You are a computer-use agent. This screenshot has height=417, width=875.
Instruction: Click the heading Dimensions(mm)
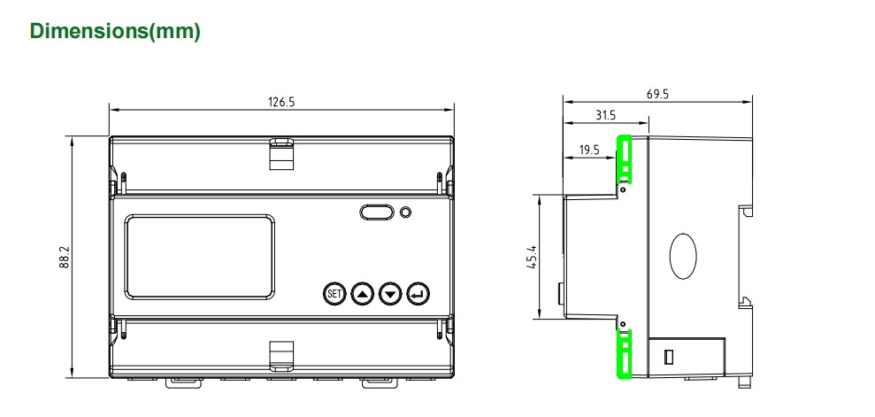click(115, 32)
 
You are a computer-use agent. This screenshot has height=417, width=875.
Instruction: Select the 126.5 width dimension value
click(281, 102)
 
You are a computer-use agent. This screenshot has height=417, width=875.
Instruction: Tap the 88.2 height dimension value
click(65, 259)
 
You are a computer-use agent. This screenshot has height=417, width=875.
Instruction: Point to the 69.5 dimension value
click(657, 94)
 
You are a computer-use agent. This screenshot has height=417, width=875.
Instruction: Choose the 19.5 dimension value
click(590, 150)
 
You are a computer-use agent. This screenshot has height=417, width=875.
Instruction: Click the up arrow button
click(363, 292)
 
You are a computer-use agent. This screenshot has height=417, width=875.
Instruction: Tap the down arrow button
click(390, 292)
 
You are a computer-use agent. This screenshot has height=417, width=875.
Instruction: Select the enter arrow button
click(418, 292)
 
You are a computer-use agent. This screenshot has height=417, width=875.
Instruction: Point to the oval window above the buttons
click(377, 212)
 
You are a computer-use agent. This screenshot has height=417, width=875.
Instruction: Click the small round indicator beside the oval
click(405, 212)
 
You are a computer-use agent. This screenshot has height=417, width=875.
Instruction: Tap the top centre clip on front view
click(281, 152)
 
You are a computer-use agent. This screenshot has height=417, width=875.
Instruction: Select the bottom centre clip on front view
click(281, 355)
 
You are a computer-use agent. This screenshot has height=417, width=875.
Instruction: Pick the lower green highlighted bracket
click(624, 352)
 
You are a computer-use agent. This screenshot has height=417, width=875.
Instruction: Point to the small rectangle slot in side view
click(670, 357)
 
